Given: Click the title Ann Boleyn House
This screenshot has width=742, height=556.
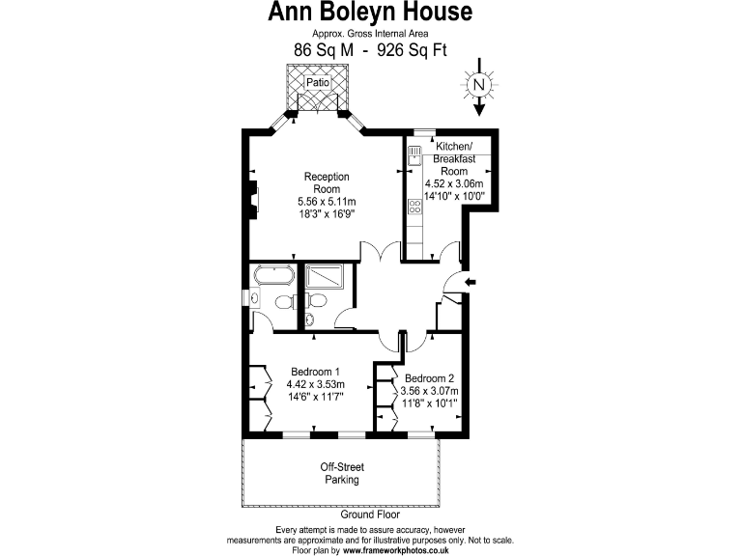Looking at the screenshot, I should (370, 13).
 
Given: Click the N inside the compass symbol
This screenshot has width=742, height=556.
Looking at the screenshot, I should (478, 84).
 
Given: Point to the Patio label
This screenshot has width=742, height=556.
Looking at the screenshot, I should (317, 83).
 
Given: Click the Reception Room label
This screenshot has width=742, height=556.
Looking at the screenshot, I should (327, 183).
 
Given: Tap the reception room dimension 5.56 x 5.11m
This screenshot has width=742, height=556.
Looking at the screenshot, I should (327, 202).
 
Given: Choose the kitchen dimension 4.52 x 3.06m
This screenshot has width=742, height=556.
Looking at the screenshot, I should (454, 183).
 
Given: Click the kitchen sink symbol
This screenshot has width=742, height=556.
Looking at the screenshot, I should (414, 154).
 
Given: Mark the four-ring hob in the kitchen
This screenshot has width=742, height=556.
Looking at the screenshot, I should (414, 207).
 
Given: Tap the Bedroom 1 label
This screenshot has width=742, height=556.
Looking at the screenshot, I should (315, 372).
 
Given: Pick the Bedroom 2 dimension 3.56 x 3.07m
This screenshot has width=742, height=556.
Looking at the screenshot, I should (429, 391).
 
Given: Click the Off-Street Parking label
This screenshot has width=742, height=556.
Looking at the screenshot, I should (341, 473).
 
